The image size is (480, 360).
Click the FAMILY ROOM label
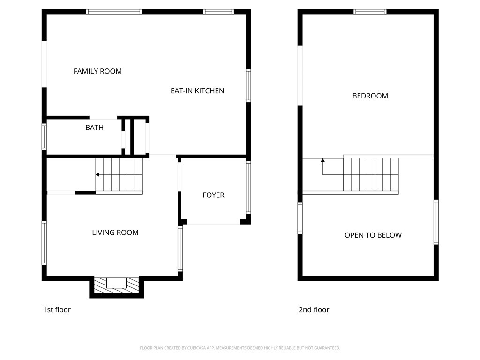point(97,71)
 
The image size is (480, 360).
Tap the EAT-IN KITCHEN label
point(197,91)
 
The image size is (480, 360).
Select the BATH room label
point(94,127)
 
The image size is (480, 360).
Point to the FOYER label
point(213,195)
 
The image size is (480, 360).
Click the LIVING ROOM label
point(115,232)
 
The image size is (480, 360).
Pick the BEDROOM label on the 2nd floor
point(370,96)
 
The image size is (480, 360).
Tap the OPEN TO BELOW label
point(373,235)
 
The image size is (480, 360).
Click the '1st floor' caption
point(57,309)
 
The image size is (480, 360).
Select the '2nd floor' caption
point(314,309)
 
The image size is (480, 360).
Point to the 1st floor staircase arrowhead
point(97,175)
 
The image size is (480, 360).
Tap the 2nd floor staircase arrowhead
point(322,160)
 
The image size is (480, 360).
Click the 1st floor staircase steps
point(119,175)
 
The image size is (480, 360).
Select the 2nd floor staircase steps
point(371,174)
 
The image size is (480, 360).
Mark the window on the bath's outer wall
point(45,137)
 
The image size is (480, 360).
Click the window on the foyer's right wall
point(248,187)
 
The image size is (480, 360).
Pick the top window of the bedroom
point(370,12)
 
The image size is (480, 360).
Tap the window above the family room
point(114,12)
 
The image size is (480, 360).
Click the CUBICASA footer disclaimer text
point(240,348)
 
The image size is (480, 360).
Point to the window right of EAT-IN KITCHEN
point(248,86)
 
